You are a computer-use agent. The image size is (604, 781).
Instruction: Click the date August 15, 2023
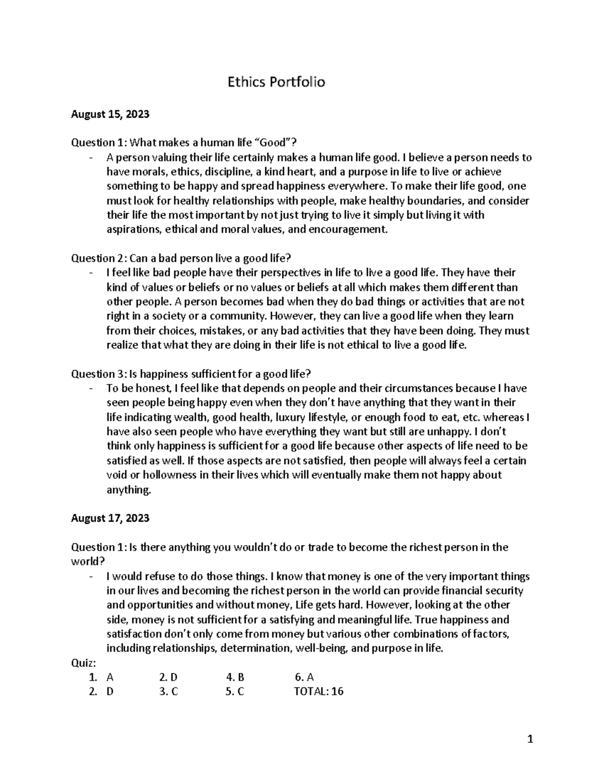coord(110,114)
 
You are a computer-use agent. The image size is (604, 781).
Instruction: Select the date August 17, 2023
coord(110,518)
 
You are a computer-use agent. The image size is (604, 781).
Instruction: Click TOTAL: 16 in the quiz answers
coord(318,691)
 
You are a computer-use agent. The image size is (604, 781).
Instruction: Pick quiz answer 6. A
coord(305,677)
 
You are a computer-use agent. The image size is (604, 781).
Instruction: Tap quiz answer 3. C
coord(168,691)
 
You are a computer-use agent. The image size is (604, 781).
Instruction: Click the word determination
coord(255,648)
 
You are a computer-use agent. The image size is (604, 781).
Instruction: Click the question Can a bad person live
coord(181,258)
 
